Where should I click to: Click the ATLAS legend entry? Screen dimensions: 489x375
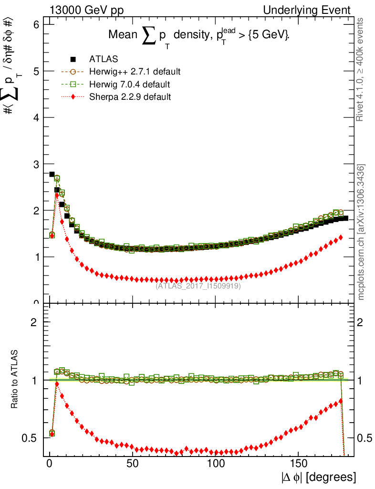104,60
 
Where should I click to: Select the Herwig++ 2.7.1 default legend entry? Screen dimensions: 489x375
135,72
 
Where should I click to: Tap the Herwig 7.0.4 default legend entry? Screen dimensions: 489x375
130,85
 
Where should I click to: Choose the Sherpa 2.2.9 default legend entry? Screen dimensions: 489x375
130,97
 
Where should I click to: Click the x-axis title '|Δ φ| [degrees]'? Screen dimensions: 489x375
318,477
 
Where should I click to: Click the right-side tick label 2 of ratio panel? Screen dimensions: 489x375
361,322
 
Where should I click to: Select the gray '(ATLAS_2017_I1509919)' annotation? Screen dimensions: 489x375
198,286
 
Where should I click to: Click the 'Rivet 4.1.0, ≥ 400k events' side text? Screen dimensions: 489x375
361,69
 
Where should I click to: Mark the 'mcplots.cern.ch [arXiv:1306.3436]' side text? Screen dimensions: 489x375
361,232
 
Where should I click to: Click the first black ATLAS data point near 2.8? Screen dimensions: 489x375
52,174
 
